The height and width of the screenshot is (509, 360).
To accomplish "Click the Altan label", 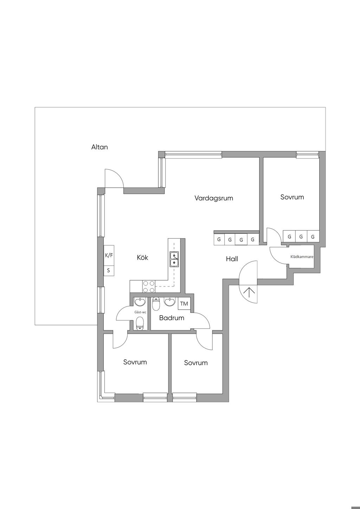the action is click(99, 147).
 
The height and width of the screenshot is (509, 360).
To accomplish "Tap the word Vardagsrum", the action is click(214, 198).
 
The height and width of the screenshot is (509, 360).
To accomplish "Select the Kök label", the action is click(142, 257).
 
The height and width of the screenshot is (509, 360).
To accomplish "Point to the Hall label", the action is click(232, 259).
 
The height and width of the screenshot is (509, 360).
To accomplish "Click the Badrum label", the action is click(172, 318).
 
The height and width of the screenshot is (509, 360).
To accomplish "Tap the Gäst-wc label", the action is click(140, 312).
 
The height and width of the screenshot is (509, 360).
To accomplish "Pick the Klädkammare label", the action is click(302, 257).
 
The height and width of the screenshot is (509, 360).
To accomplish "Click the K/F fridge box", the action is click(109, 255).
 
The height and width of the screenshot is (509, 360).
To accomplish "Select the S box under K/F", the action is click(109, 271).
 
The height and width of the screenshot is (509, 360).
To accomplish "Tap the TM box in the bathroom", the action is click(184, 304).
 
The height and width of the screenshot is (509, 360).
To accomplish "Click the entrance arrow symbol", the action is click(249, 292).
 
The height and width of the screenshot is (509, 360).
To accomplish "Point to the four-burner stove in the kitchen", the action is click(149, 286).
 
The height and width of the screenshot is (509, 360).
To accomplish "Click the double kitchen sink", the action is click(174, 259).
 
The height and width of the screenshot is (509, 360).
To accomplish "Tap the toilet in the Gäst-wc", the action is click(140, 324).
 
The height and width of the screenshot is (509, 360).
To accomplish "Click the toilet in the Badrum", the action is click(156, 304).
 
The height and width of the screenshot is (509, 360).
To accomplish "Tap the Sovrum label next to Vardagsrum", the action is click(292, 197).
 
